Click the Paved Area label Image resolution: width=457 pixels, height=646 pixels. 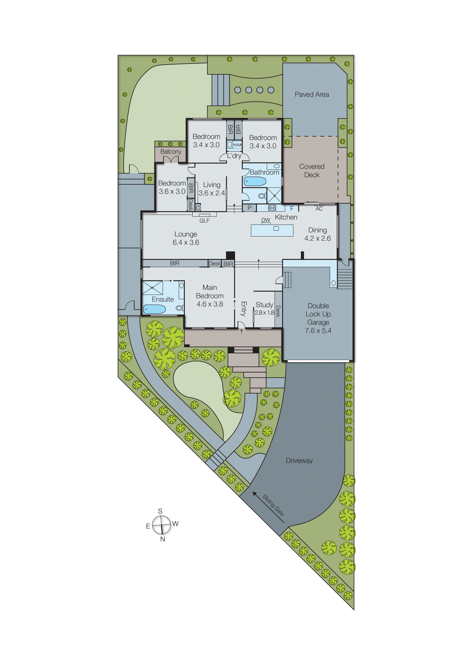tap(312, 94)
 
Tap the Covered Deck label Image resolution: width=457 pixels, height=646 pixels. tap(312, 171)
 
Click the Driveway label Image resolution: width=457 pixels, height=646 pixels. tap(299, 461)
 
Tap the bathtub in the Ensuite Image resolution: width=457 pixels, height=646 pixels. tap(155, 309)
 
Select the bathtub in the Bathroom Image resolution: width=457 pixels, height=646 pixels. tap(255, 181)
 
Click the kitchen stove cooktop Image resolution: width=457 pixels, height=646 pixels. tap(272, 208)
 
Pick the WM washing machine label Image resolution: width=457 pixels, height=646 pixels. tap(237, 145)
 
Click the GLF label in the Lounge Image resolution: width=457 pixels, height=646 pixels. tap(204, 221)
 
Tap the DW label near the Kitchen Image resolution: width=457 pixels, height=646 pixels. tap(266, 220)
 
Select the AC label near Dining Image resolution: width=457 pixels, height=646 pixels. tap(319, 209)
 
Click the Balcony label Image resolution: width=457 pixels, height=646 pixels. tap(171, 152)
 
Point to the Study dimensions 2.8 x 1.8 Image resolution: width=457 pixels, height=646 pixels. tap(265, 313)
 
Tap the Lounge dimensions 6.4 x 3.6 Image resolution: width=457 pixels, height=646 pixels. tap(186, 243)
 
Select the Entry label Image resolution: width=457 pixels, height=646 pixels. tap(244, 309)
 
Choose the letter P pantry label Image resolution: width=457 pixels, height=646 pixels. tap(249, 208)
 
